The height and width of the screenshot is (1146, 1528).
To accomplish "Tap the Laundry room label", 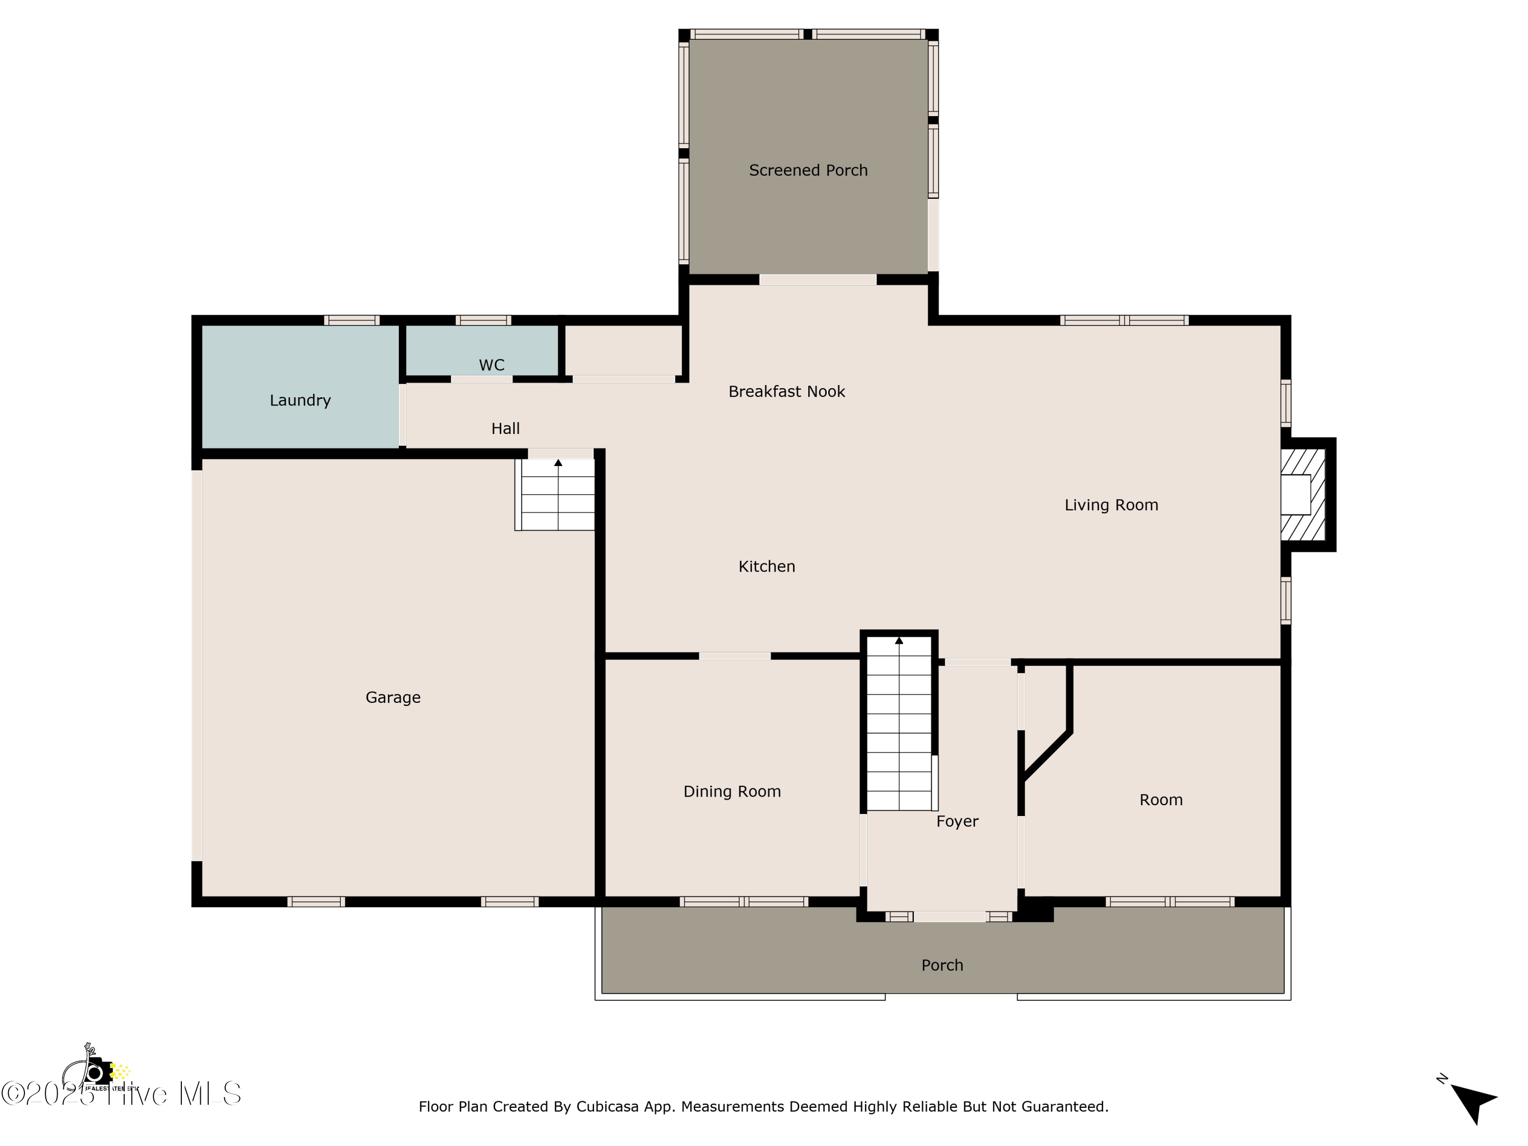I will click(300, 400).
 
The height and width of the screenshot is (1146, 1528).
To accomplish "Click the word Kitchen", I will click(766, 566).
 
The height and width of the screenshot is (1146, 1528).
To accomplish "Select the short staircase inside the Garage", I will click(557, 495).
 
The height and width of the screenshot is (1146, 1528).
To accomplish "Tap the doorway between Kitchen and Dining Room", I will click(734, 656).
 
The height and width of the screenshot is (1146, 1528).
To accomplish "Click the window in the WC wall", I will click(483, 320).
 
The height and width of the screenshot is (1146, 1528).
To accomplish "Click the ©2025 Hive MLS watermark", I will click(121, 1094).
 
